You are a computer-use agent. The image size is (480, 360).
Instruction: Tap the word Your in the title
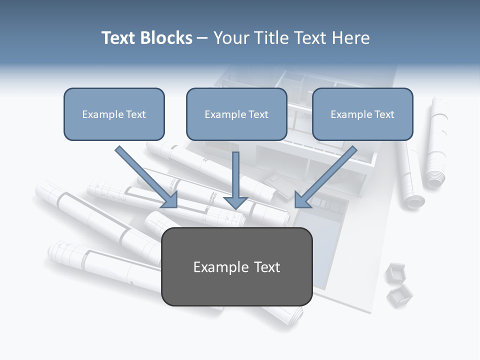click(x=231, y=38)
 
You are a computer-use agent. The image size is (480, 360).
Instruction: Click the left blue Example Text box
click(x=114, y=114)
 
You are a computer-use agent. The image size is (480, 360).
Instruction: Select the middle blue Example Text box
click(x=236, y=114)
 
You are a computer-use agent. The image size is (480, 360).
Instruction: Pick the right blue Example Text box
click(x=362, y=114)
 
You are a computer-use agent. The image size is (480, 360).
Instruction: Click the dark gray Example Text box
click(x=236, y=266)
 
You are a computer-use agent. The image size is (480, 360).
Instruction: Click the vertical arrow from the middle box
click(x=235, y=175)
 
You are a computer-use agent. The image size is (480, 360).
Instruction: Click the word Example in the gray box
click(x=214, y=267)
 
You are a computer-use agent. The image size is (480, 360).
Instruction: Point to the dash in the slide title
click(x=202, y=38)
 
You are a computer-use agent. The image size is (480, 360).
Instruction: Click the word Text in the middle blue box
click(x=258, y=114)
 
